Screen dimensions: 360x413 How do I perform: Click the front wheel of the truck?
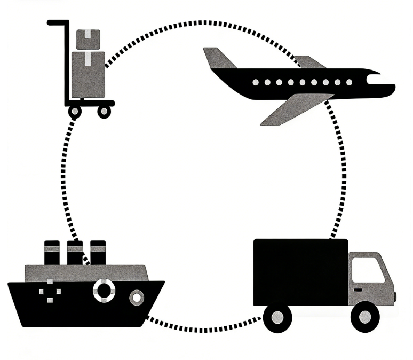coord(364,317)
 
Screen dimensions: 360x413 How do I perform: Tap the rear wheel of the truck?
coord(277,317)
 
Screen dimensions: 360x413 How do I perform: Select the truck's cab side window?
coord(368,270)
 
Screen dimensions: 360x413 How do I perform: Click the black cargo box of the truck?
coord(300,272)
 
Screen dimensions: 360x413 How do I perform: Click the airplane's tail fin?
coord(218,58)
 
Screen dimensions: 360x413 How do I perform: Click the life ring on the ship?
coord(104,290)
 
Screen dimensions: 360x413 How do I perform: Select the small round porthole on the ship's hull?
coord(137,296)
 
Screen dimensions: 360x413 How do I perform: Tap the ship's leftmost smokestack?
coord(52,253)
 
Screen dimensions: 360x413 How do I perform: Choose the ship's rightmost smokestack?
coord(98,253)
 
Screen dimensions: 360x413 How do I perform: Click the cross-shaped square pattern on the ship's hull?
coord(50,291)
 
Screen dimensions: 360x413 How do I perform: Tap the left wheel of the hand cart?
coord(75,111)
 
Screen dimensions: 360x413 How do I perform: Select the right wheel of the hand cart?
coord(105,111)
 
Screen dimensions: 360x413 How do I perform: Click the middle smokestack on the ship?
coord(75,253)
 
